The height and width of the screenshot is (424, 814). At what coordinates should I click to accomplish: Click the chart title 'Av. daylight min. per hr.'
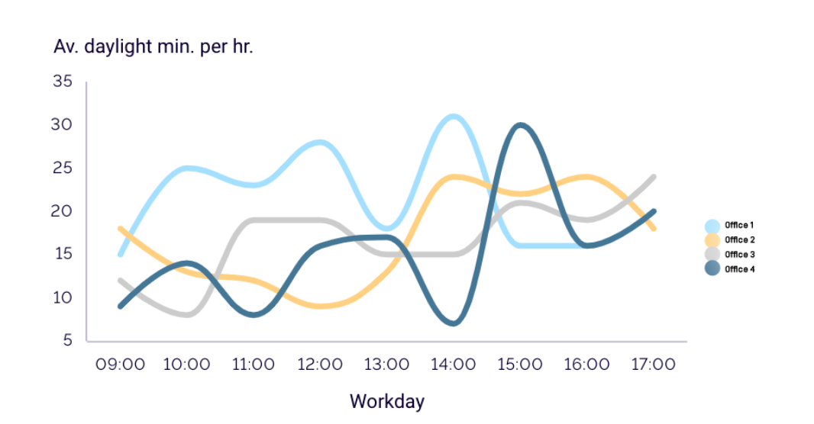pyautogui.click(x=153, y=47)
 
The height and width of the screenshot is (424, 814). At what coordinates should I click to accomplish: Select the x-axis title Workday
pyautogui.click(x=387, y=401)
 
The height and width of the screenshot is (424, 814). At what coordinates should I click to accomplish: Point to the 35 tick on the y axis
pyautogui.click(x=63, y=81)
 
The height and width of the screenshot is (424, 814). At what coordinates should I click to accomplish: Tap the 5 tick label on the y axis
pyautogui.click(x=68, y=339)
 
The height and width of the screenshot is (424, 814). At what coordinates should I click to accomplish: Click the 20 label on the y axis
pyautogui.click(x=62, y=210)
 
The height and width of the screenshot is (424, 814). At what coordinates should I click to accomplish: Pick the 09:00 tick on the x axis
pyautogui.click(x=120, y=364)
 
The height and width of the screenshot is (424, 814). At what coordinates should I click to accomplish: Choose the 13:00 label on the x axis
pyautogui.click(x=386, y=364)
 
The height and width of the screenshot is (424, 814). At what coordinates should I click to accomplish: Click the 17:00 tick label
pyautogui.click(x=653, y=364)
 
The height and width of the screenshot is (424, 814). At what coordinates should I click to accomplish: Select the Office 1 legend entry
pyautogui.click(x=729, y=226)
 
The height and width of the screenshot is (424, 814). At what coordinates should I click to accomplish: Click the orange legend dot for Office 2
pyautogui.click(x=712, y=240)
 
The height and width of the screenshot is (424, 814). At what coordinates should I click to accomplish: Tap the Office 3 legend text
pyautogui.click(x=740, y=255)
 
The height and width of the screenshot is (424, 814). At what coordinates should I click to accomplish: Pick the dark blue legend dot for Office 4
pyautogui.click(x=712, y=268)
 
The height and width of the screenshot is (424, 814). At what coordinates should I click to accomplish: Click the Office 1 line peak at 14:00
pyautogui.click(x=454, y=117)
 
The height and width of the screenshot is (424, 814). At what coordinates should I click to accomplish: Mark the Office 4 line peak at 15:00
pyautogui.click(x=520, y=125)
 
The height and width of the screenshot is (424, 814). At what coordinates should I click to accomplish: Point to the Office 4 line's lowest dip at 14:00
pyautogui.click(x=454, y=323)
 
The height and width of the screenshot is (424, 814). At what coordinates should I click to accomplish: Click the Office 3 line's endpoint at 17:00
pyautogui.click(x=654, y=177)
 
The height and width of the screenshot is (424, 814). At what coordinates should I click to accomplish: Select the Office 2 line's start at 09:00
pyautogui.click(x=121, y=228)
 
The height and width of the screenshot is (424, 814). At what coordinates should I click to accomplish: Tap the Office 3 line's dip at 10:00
pyautogui.click(x=187, y=314)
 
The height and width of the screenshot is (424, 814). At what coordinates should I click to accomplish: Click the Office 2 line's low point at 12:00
pyautogui.click(x=320, y=306)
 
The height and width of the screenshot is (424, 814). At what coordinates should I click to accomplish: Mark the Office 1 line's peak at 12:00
pyautogui.click(x=320, y=142)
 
